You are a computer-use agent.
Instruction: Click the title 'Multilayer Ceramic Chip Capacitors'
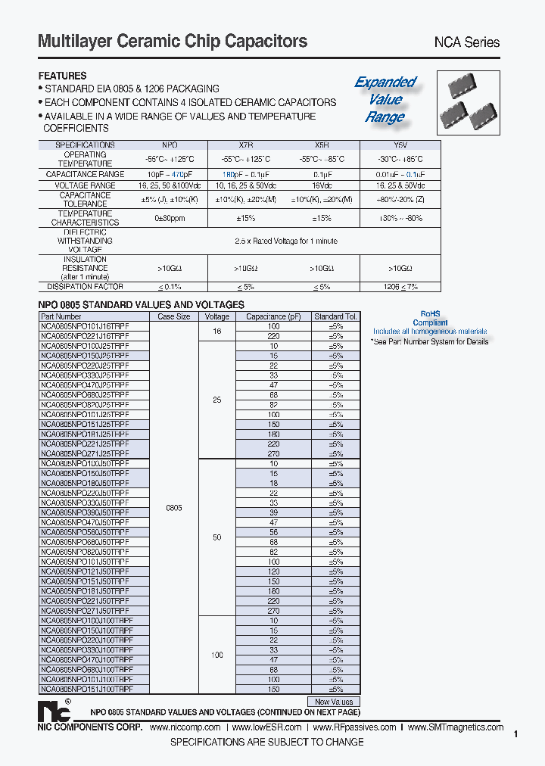173,41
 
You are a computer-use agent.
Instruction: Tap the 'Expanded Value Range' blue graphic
385,99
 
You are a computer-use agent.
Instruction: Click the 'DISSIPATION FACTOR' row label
85,287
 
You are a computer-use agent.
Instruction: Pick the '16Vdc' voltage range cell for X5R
323,185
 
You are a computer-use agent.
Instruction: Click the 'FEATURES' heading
63,76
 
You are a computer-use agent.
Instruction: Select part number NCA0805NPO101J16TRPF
85,325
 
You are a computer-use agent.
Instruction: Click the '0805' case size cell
174,508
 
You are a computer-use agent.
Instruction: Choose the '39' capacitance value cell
274,512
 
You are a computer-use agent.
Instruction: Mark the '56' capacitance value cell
274,532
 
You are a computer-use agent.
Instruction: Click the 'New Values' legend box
334,702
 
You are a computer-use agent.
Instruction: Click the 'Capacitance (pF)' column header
274,316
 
